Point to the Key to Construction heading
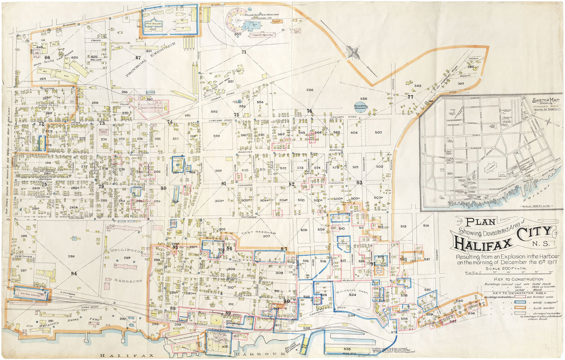click(x=513, y=279)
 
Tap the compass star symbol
click(x=353, y=52)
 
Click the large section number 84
click(x=74, y=273)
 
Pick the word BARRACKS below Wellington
click(x=129, y=280)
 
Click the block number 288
click(x=71, y=256)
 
